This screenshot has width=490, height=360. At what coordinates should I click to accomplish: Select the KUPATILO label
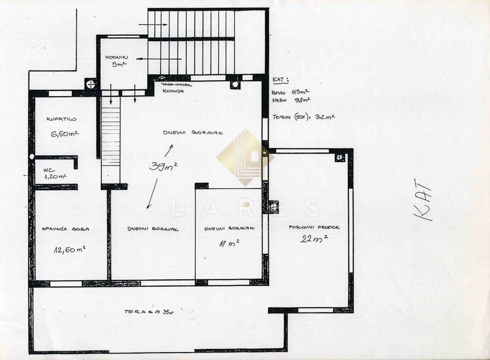[62, 119]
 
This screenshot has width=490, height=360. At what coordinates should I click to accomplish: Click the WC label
[49, 171]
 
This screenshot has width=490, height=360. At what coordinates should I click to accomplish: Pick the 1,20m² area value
[56, 177]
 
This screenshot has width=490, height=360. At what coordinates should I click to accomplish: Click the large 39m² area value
[163, 166]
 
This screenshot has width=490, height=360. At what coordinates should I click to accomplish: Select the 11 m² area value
[229, 243]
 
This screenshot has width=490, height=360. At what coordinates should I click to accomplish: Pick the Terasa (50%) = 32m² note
[304, 117]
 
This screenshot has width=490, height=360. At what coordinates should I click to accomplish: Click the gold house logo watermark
[245, 157]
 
